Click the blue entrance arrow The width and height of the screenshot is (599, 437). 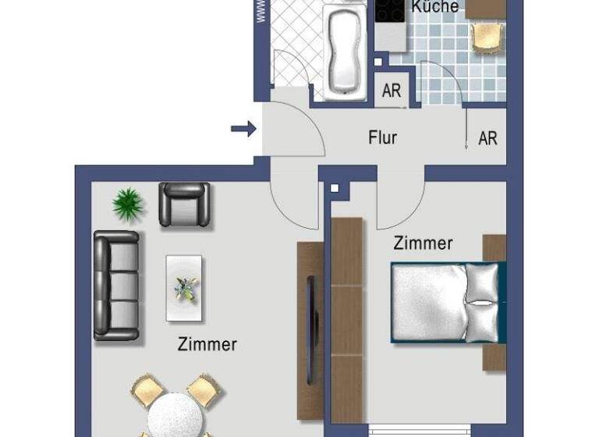point(243,129)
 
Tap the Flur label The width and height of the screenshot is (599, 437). point(382,138)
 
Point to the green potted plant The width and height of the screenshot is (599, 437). point(128,204)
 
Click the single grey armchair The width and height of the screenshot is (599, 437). point(184,204)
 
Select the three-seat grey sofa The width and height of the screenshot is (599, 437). point(116,286)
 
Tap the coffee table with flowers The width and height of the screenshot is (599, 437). point(184,288)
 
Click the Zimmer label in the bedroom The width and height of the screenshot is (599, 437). point(422,243)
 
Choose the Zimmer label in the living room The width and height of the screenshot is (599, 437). point(207,344)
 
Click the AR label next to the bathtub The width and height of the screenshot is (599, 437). point(392,91)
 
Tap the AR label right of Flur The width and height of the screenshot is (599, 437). point(487,138)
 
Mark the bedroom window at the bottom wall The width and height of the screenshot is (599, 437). point(420,430)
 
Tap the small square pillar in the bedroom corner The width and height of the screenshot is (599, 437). point(335,188)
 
